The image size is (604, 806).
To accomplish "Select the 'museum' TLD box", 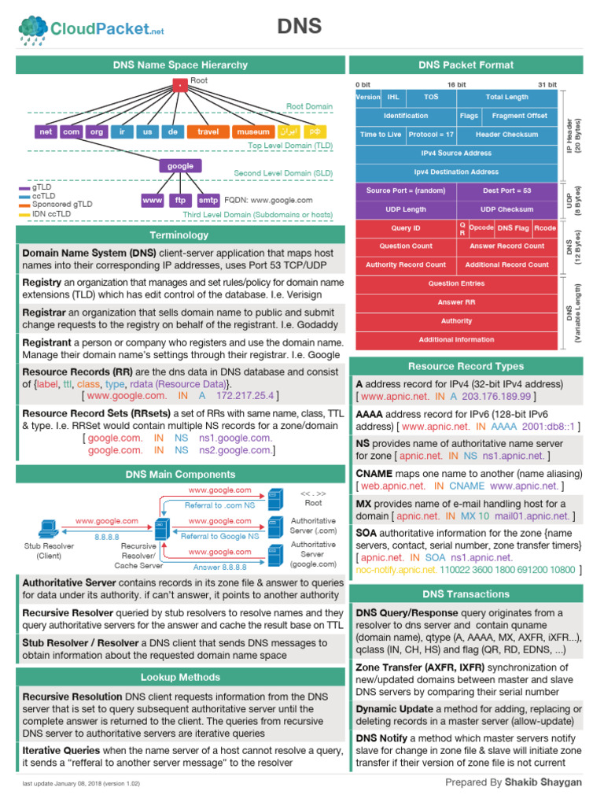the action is (253, 131).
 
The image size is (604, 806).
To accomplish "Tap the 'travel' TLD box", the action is (208, 131).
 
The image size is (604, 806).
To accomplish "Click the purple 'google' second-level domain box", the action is (180, 166).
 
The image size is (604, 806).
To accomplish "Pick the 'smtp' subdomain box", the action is (208, 201).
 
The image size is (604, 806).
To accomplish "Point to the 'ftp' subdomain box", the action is (180, 201).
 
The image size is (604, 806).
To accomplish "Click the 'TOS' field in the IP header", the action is (431, 97).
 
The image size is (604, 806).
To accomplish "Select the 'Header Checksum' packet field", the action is (506, 134).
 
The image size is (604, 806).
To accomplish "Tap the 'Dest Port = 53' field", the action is (506, 190).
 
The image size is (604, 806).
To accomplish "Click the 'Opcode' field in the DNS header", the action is (481, 227).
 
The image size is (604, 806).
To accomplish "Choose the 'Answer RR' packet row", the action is (457, 302).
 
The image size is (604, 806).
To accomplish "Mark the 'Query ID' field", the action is (406, 227).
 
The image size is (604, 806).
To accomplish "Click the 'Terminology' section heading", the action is (180, 235).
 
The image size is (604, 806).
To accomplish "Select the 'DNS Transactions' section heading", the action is (466, 593).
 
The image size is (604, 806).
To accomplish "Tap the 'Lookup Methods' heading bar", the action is (180, 677).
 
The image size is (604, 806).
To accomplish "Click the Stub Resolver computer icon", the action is (47, 530).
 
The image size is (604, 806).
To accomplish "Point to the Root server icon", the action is (274, 498).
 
